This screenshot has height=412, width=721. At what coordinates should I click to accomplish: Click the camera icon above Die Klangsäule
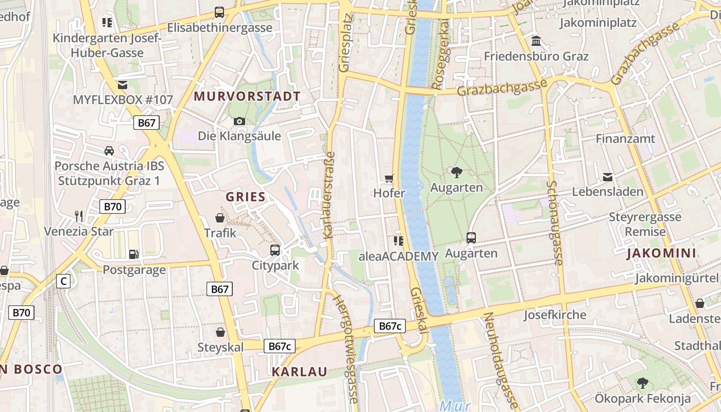[x=239, y=122]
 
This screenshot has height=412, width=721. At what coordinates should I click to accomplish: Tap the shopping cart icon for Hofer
[x=389, y=178]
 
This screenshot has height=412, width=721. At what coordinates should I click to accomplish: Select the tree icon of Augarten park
[x=456, y=173]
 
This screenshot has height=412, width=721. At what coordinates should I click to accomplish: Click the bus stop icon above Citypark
[x=275, y=250]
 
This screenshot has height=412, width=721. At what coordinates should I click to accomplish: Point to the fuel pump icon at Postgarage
[x=134, y=254]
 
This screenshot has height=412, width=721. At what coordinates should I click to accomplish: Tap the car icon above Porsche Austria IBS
[x=109, y=151]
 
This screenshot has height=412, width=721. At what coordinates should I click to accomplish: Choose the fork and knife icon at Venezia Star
[x=78, y=215]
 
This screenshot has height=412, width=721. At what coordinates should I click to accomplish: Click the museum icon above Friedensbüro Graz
[x=536, y=41]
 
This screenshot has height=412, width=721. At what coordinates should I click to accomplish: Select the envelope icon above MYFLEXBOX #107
[x=123, y=85]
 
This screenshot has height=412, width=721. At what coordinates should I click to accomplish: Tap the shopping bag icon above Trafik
[x=220, y=218]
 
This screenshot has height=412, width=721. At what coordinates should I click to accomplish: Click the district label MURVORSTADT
[x=247, y=96]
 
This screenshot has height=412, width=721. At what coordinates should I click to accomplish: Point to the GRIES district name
[x=246, y=197]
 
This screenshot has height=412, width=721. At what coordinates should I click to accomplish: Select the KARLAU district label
[x=299, y=372]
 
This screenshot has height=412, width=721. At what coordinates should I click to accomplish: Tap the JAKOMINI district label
[x=662, y=253]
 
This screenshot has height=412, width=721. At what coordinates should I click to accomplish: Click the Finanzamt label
[x=625, y=139]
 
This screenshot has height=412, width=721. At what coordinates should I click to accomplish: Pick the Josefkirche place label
[x=555, y=315]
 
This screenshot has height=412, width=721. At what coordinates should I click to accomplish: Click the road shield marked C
[x=63, y=281]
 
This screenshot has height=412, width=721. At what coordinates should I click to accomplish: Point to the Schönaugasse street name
[x=554, y=222]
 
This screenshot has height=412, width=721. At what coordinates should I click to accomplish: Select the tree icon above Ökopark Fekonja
[x=642, y=383]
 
